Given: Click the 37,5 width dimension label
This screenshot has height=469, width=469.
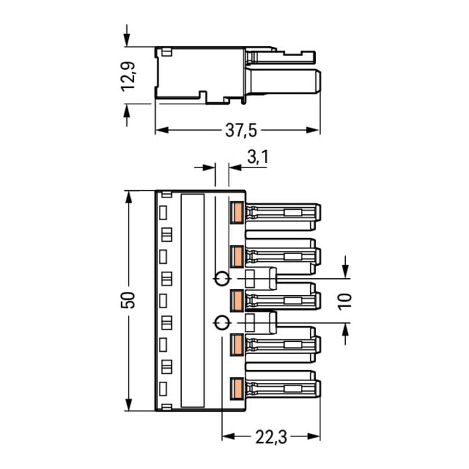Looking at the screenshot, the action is tap(241, 131).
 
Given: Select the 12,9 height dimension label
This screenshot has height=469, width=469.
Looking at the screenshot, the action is tap(128, 76).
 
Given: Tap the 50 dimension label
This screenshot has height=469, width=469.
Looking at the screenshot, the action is tap(128, 300).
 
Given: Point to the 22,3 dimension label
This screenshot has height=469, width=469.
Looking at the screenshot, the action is tap(271, 437).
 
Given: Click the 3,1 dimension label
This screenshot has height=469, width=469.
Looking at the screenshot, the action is tap(258, 157).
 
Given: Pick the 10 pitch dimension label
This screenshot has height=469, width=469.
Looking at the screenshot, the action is tap(345, 302).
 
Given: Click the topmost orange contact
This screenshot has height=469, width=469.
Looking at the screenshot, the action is tap(237, 212).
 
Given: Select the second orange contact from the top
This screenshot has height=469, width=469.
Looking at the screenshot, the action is tap(237, 257).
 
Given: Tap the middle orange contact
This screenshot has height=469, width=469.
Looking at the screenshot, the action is tap(237, 300).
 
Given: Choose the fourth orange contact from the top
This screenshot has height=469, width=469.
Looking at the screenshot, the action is tap(237, 345).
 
